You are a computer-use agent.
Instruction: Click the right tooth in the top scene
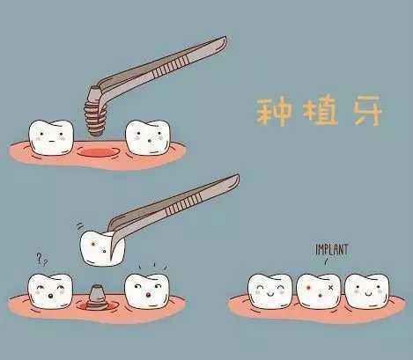(145, 134)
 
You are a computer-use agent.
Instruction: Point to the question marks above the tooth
(41, 259)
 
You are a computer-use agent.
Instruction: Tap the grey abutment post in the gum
(96, 295)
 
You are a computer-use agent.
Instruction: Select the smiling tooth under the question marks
(48, 291)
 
